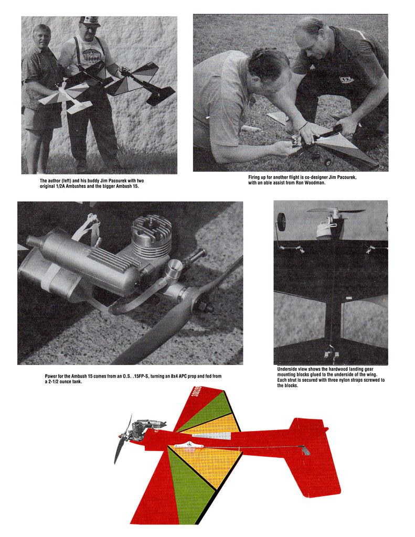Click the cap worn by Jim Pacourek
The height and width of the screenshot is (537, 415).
click(90, 21)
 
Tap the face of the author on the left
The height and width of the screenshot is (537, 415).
click(41, 36)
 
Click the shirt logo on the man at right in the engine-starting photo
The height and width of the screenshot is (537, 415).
click(347, 80)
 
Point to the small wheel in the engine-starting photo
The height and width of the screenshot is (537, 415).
click(327, 162)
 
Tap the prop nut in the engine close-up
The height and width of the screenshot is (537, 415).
click(206, 306)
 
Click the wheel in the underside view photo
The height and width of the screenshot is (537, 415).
click(281, 221)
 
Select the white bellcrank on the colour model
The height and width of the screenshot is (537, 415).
click(189, 446)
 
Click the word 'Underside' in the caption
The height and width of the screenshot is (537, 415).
click(289, 369)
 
